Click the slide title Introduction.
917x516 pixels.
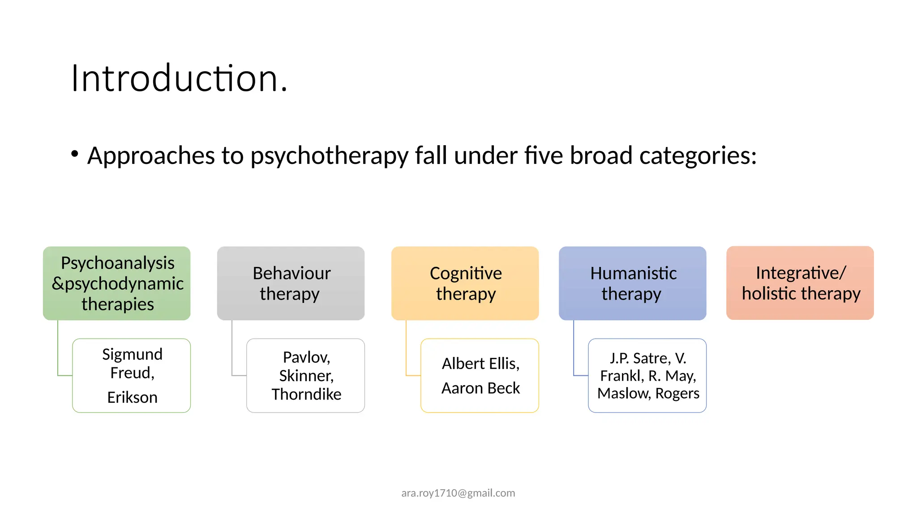179,78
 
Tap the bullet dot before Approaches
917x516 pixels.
75,154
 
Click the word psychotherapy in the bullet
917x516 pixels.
329,156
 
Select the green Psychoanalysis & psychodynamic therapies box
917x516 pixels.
117,283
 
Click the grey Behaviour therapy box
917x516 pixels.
291,283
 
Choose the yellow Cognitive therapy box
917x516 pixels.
465,283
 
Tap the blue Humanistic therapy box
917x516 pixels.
632,283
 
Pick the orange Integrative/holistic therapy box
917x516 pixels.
800,283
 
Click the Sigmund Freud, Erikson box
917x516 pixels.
132,375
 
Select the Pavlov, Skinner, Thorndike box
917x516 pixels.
306,375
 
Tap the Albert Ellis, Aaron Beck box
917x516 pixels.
480,375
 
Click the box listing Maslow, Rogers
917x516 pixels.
647,375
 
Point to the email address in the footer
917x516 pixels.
458,493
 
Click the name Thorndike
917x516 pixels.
306,394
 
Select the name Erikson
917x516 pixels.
132,397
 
